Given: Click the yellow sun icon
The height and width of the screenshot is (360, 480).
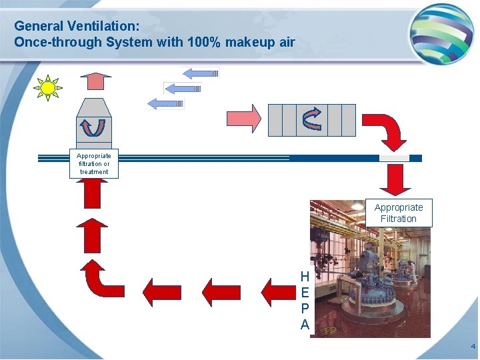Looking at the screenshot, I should tap(48, 88).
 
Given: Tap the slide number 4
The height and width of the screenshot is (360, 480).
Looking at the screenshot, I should tap(473, 347).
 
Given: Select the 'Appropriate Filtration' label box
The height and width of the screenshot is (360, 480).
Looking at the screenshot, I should tap(399, 213).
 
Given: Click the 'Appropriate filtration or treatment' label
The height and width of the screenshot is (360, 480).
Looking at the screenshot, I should tap(94, 164).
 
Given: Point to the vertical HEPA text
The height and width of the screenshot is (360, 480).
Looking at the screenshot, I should tap(305, 300).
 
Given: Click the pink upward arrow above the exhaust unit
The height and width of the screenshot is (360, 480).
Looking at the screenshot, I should tap(96, 81).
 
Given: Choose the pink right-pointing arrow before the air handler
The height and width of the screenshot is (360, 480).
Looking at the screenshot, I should tap(244, 118).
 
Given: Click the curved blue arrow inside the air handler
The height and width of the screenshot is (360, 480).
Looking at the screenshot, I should tap(312, 119).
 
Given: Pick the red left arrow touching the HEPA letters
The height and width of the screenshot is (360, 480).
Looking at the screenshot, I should tap(279, 292).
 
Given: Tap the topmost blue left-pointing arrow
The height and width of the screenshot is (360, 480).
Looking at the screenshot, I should tap(201, 73).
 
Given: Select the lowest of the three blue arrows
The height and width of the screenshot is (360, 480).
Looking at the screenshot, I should tap(165, 103).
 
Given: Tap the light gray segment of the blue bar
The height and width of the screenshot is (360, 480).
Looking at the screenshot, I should tap(393, 158).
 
